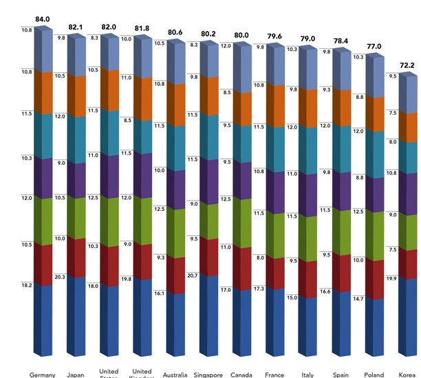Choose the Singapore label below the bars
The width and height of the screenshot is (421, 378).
(208, 375)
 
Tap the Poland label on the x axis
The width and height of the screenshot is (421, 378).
(374, 375)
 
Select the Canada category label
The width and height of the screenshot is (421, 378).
(241, 375)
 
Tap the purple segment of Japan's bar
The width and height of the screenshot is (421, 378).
(76, 180)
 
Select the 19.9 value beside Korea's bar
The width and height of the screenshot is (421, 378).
(391, 278)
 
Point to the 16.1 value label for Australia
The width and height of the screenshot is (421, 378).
(160, 293)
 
